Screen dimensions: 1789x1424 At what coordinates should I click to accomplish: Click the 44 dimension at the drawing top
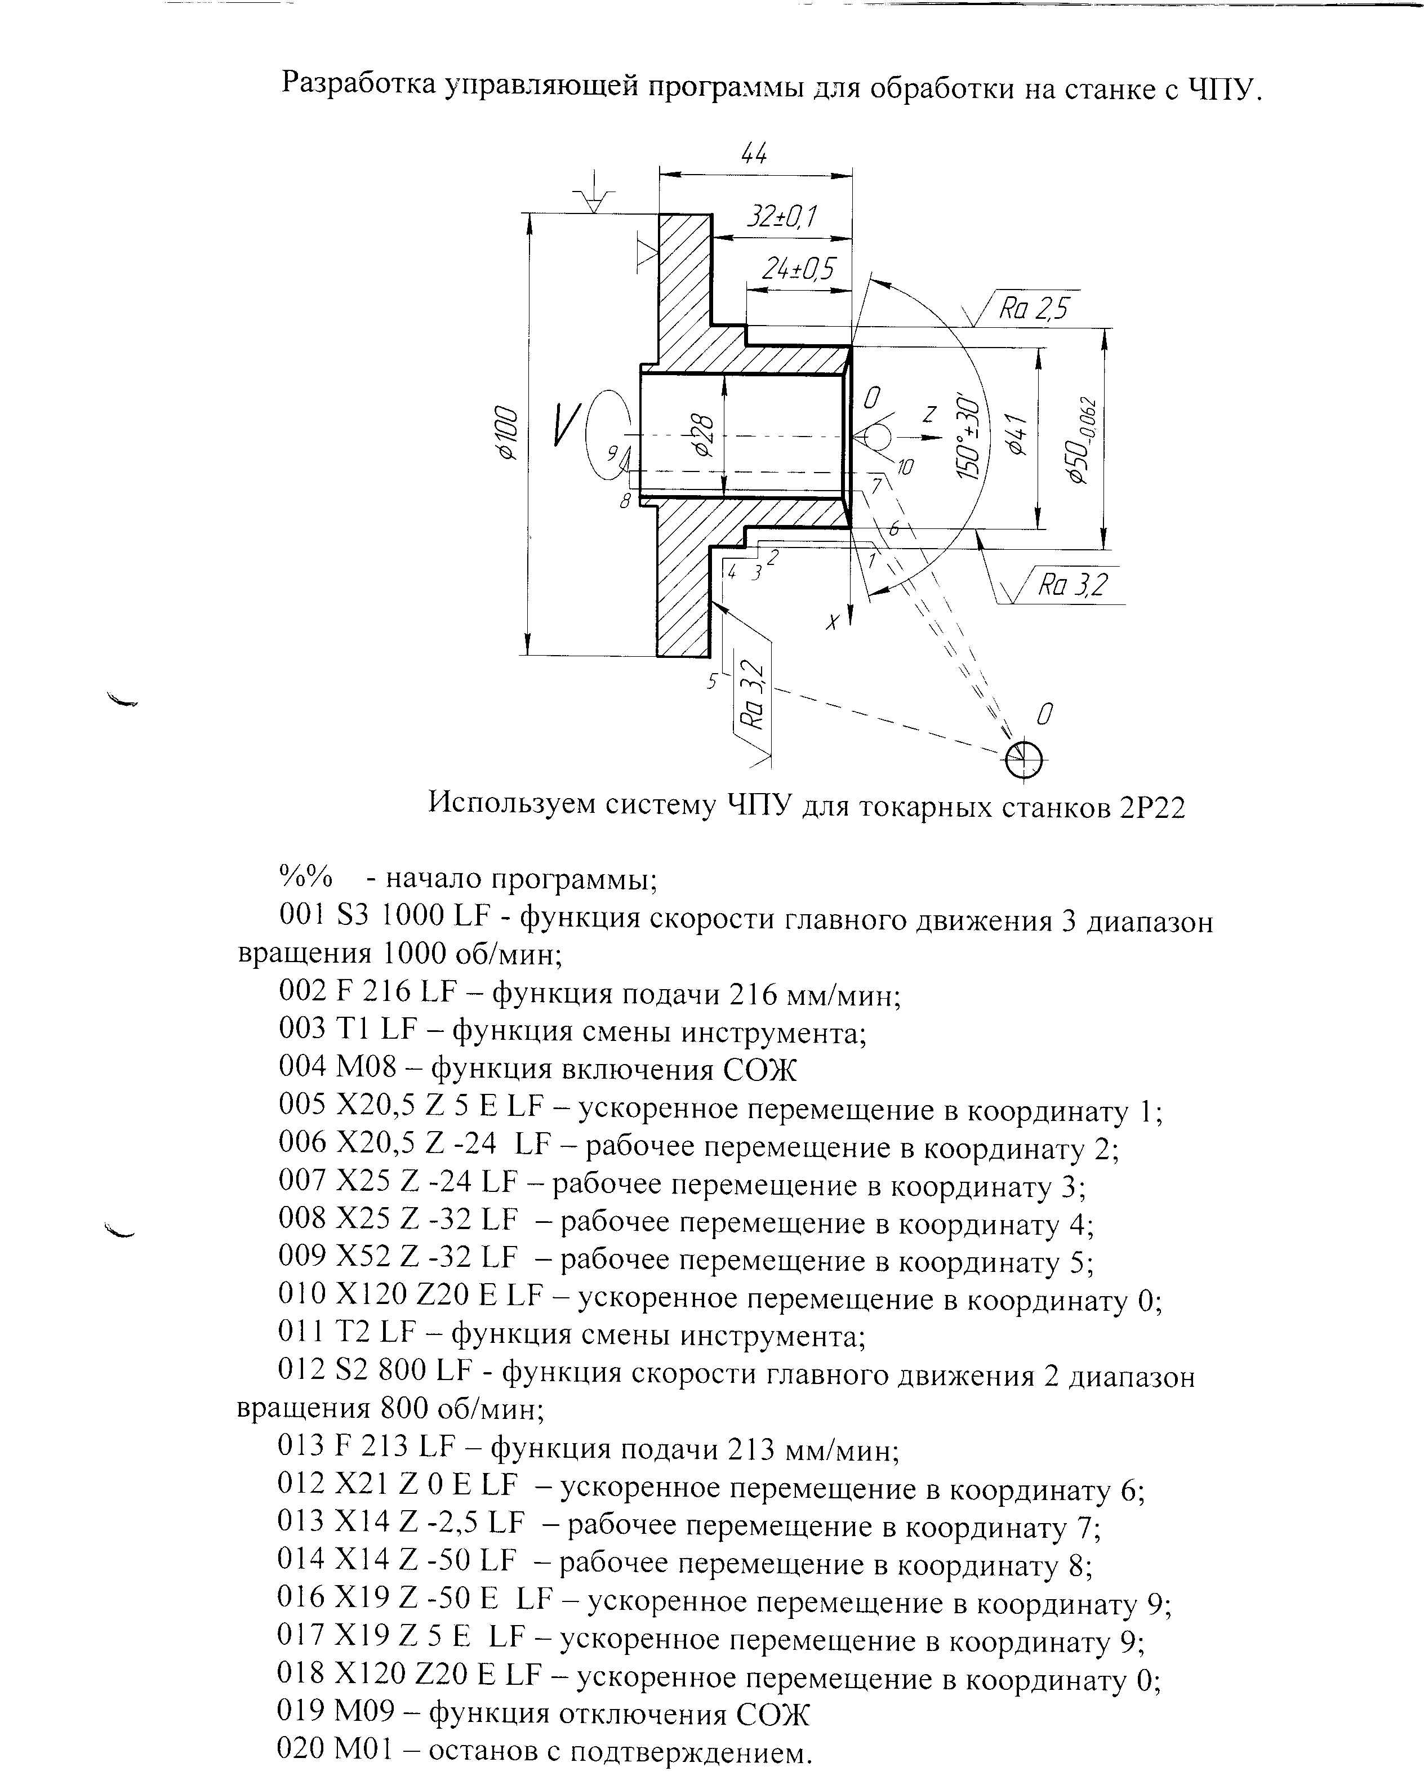pos(754,154)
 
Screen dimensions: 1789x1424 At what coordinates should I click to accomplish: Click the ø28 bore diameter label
pos(702,435)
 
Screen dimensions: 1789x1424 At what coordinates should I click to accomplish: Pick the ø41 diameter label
pos(1016,435)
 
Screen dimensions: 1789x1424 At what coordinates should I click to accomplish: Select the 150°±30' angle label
pos(968,435)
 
